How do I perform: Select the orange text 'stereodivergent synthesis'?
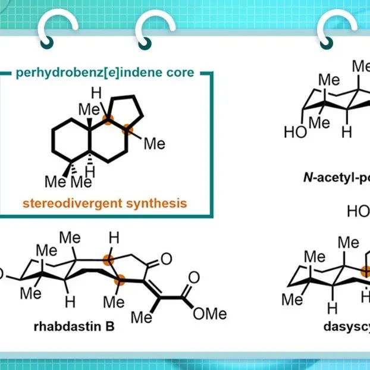(x=105, y=203)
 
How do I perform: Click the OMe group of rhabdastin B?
(x=210, y=313)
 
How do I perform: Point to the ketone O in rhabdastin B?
(x=166, y=259)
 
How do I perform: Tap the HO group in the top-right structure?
(x=296, y=132)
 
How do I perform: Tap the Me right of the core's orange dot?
(x=155, y=143)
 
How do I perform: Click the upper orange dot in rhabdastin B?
(x=107, y=259)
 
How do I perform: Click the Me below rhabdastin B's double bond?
(x=142, y=317)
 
